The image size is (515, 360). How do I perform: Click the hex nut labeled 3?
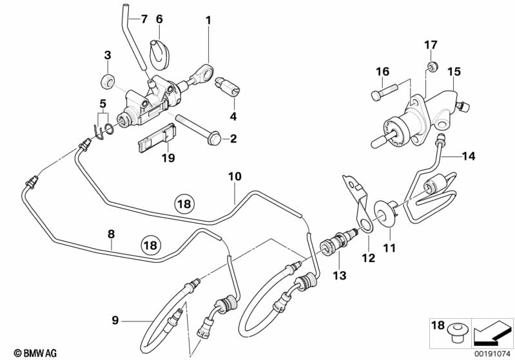108,81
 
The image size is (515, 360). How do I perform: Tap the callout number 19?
168,158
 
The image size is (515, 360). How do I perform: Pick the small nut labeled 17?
433,66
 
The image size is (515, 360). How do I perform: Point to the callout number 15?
454,71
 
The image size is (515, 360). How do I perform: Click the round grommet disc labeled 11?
385,214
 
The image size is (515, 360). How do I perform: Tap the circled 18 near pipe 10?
184,204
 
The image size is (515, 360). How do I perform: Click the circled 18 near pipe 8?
151,245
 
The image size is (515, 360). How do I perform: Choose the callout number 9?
115,319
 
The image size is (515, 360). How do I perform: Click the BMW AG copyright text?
36,353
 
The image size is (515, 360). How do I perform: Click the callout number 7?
144,20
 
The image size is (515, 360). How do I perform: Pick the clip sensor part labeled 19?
157,138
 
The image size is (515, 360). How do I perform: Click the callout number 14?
469,156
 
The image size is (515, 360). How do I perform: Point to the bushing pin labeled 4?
228,87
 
